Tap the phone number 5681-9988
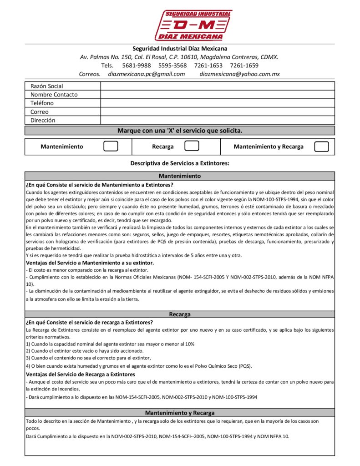[137, 66]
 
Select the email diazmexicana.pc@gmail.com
[147, 74]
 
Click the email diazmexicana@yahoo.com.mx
[239, 74]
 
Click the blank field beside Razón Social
[218, 86]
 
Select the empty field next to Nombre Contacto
[218, 95]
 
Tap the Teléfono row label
[42, 103]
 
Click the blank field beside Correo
[218, 112]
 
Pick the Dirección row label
[43, 121]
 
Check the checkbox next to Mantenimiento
[111, 147]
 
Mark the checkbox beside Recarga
[192, 147]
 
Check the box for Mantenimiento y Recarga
[322, 147]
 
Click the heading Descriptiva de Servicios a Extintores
[180, 163]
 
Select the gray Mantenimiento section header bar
[180, 176]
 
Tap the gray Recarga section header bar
[180, 314]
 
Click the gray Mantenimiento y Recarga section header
[180, 413]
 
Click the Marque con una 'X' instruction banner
[180, 131]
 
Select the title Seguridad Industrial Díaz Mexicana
[180, 48]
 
